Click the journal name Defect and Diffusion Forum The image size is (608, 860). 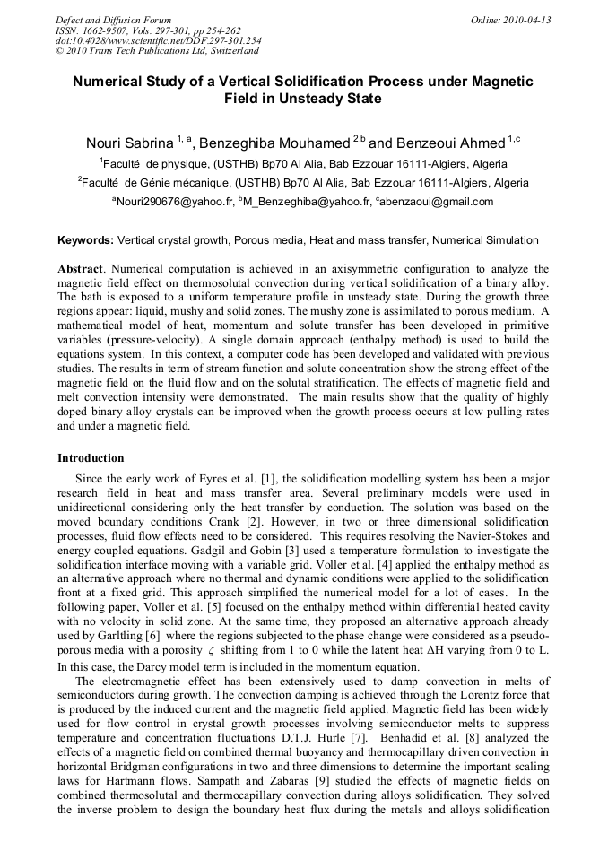[x=113, y=20]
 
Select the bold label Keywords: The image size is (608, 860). [x=85, y=240]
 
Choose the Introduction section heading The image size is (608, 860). [x=91, y=458]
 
